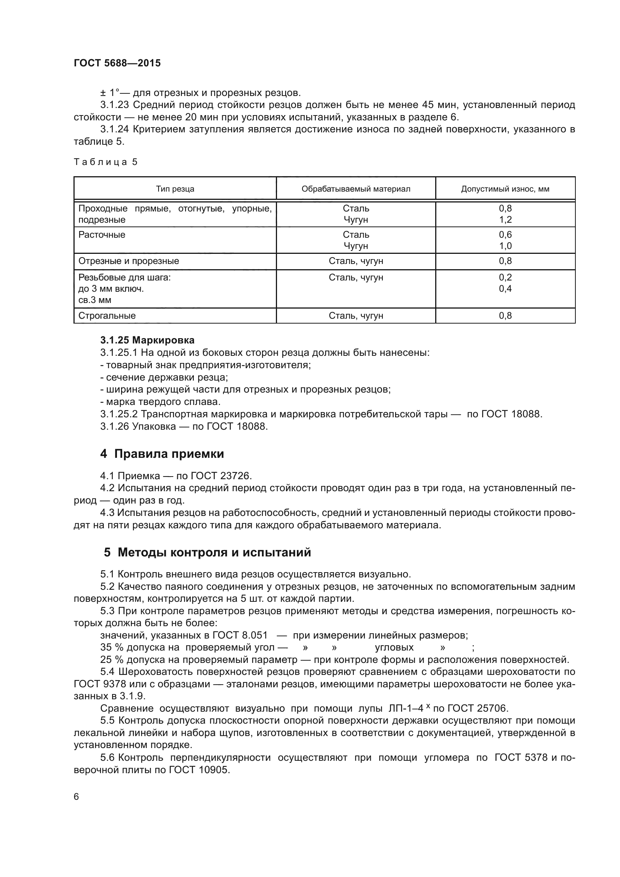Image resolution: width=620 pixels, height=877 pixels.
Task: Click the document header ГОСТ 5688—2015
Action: [117, 63]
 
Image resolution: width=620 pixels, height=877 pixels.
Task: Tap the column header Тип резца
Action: [175, 189]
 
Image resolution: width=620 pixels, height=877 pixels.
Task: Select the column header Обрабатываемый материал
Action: [356, 189]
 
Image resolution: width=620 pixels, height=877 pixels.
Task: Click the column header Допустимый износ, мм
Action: [505, 189]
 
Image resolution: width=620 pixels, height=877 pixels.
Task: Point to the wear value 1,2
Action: [505, 220]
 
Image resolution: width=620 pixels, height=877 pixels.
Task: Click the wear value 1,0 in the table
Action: [505, 246]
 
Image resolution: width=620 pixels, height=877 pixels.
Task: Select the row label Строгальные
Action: [107, 316]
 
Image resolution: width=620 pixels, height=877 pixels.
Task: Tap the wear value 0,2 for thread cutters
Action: [505, 278]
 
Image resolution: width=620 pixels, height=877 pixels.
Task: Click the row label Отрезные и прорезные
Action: [129, 261]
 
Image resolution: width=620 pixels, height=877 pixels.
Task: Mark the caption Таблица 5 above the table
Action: [105, 162]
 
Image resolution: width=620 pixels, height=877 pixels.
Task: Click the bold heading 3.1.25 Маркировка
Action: [147, 340]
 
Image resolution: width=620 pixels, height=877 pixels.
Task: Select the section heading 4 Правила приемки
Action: [162, 454]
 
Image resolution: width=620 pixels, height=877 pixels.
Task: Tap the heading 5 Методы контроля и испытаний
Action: [207, 552]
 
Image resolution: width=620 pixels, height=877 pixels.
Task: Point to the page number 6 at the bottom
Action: [76, 797]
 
